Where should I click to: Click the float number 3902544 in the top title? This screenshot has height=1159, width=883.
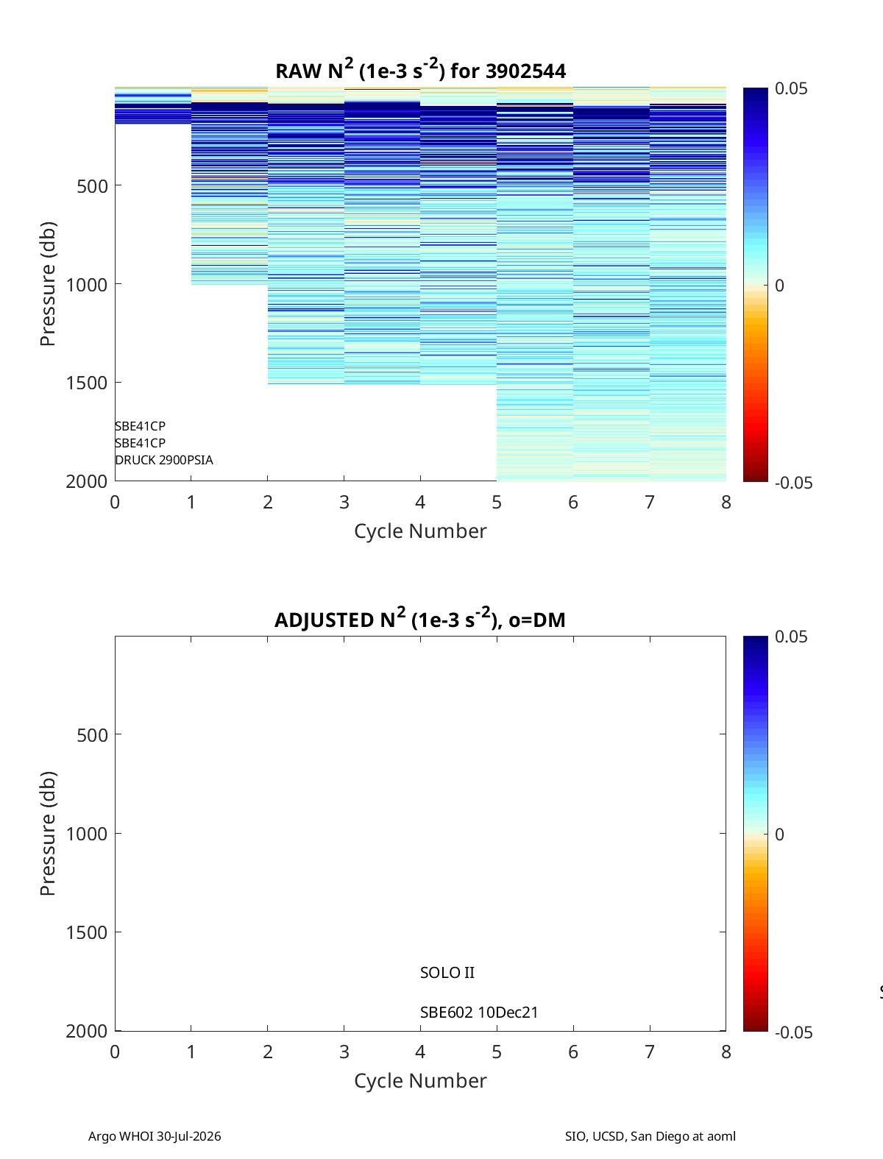tap(525, 71)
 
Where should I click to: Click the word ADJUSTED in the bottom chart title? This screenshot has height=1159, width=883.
tap(324, 620)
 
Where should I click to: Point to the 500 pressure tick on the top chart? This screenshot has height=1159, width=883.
tap(93, 186)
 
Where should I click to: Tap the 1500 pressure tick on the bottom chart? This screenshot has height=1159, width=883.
tap(87, 932)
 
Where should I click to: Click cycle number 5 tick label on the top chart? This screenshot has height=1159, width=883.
tap(497, 502)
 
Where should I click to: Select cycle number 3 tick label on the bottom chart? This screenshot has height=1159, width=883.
tap(344, 1052)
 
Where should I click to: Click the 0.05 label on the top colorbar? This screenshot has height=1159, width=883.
tap(791, 89)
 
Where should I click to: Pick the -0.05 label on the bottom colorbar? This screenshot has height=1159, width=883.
tap(793, 1032)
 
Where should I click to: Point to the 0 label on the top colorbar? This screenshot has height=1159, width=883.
tap(779, 286)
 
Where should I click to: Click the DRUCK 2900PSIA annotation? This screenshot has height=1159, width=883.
tap(164, 460)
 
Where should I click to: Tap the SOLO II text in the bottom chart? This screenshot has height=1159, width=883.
tap(447, 973)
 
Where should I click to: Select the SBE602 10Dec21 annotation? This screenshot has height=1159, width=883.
tap(479, 1013)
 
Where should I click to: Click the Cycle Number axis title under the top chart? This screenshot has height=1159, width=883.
tap(420, 531)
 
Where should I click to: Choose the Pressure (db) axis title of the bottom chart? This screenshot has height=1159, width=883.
tap(48, 834)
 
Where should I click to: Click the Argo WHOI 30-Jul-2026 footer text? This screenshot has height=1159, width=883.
tap(155, 1136)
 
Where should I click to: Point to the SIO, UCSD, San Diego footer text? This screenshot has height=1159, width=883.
tap(650, 1136)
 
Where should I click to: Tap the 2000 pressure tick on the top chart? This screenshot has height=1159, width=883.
tap(87, 481)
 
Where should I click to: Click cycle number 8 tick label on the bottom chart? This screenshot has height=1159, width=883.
tap(726, 1052)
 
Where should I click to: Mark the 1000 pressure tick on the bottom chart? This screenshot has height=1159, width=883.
tap(87, 834)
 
